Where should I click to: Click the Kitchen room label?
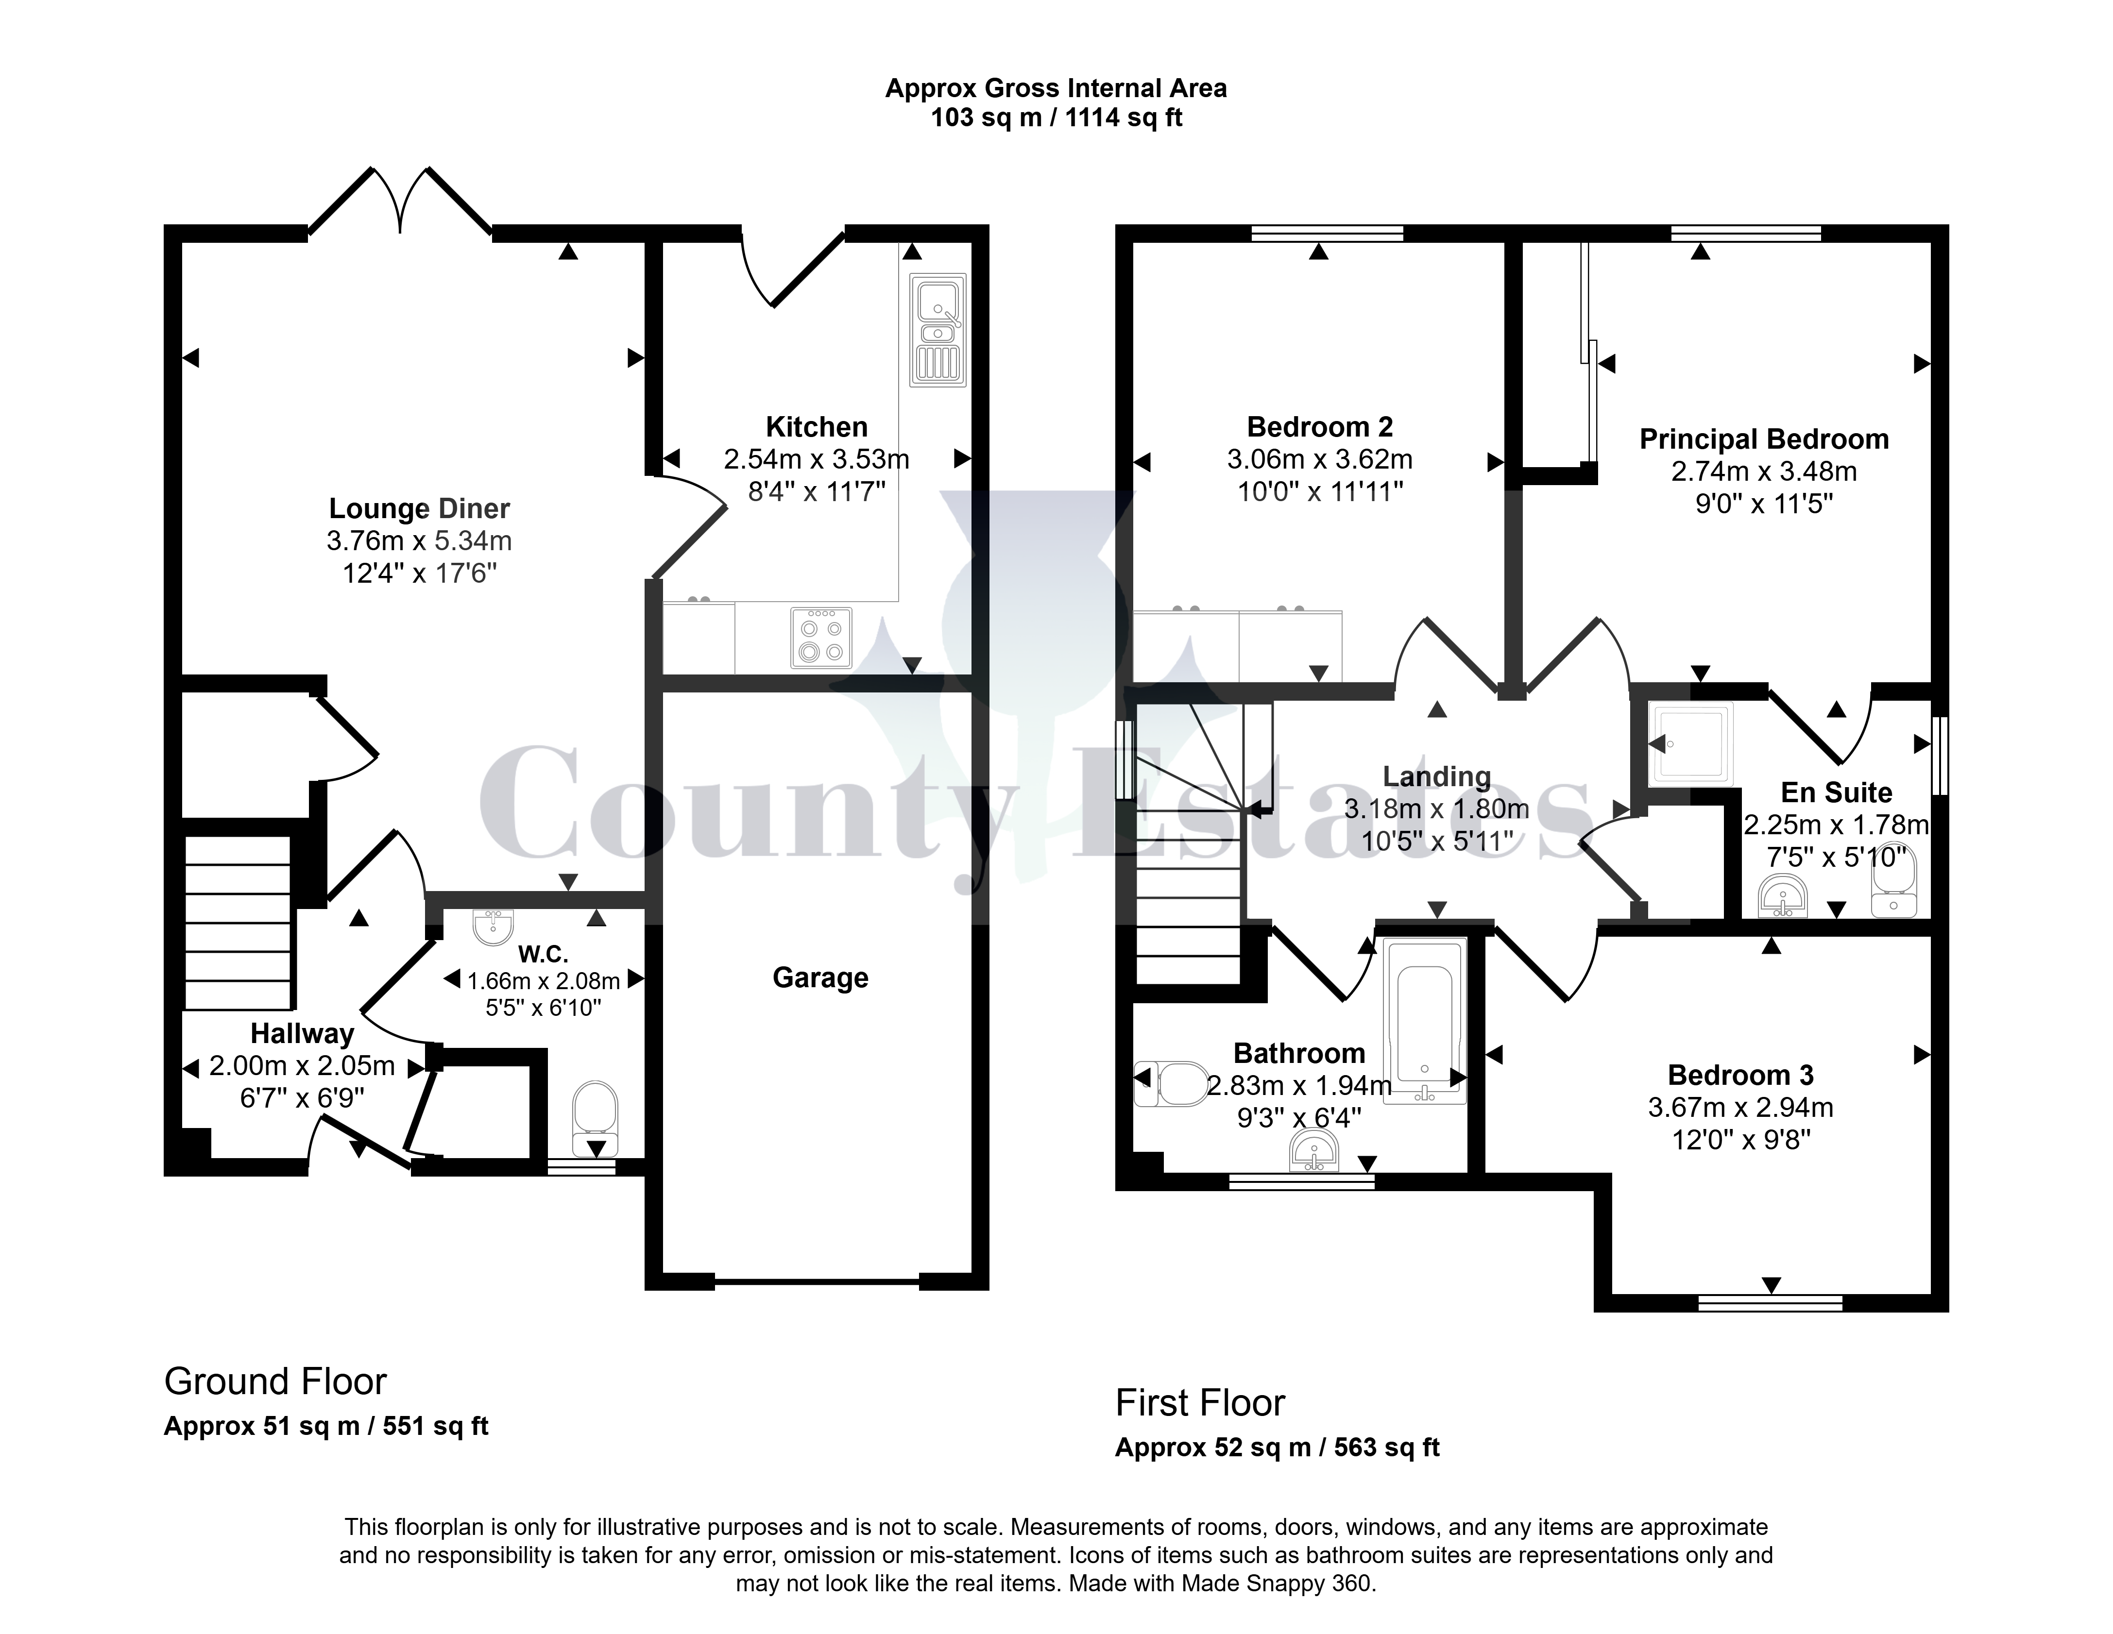tap(817, 427)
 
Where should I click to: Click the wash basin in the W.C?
tap(494, 926)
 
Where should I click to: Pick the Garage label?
tap(820, 978)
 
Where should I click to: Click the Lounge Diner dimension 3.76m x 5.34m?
tap(419, 541)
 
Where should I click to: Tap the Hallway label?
tap(302, 1033)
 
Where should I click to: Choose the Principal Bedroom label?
tap(1764, 439)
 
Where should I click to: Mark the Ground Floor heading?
tap(276, 1381)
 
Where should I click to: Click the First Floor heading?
tap(1200, 1403)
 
